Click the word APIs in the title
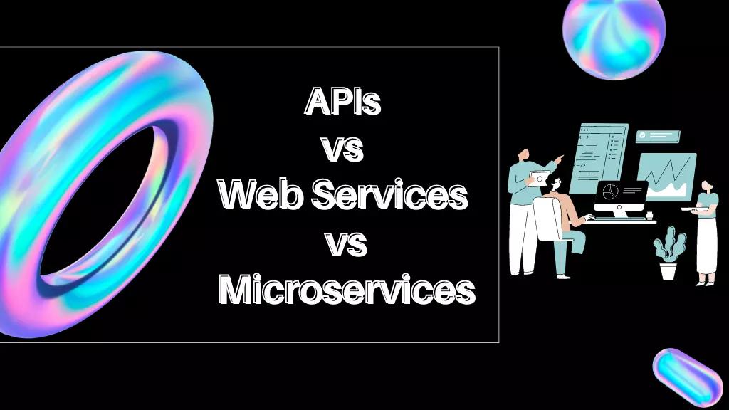point(342,102)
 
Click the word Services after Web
point(389,195)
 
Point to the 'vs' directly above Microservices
point(346,243)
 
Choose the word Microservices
point(346,290)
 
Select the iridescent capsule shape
point(687,378)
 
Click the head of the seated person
point(554,186)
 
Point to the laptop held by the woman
point(691,208)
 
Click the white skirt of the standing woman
point(706,246)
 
